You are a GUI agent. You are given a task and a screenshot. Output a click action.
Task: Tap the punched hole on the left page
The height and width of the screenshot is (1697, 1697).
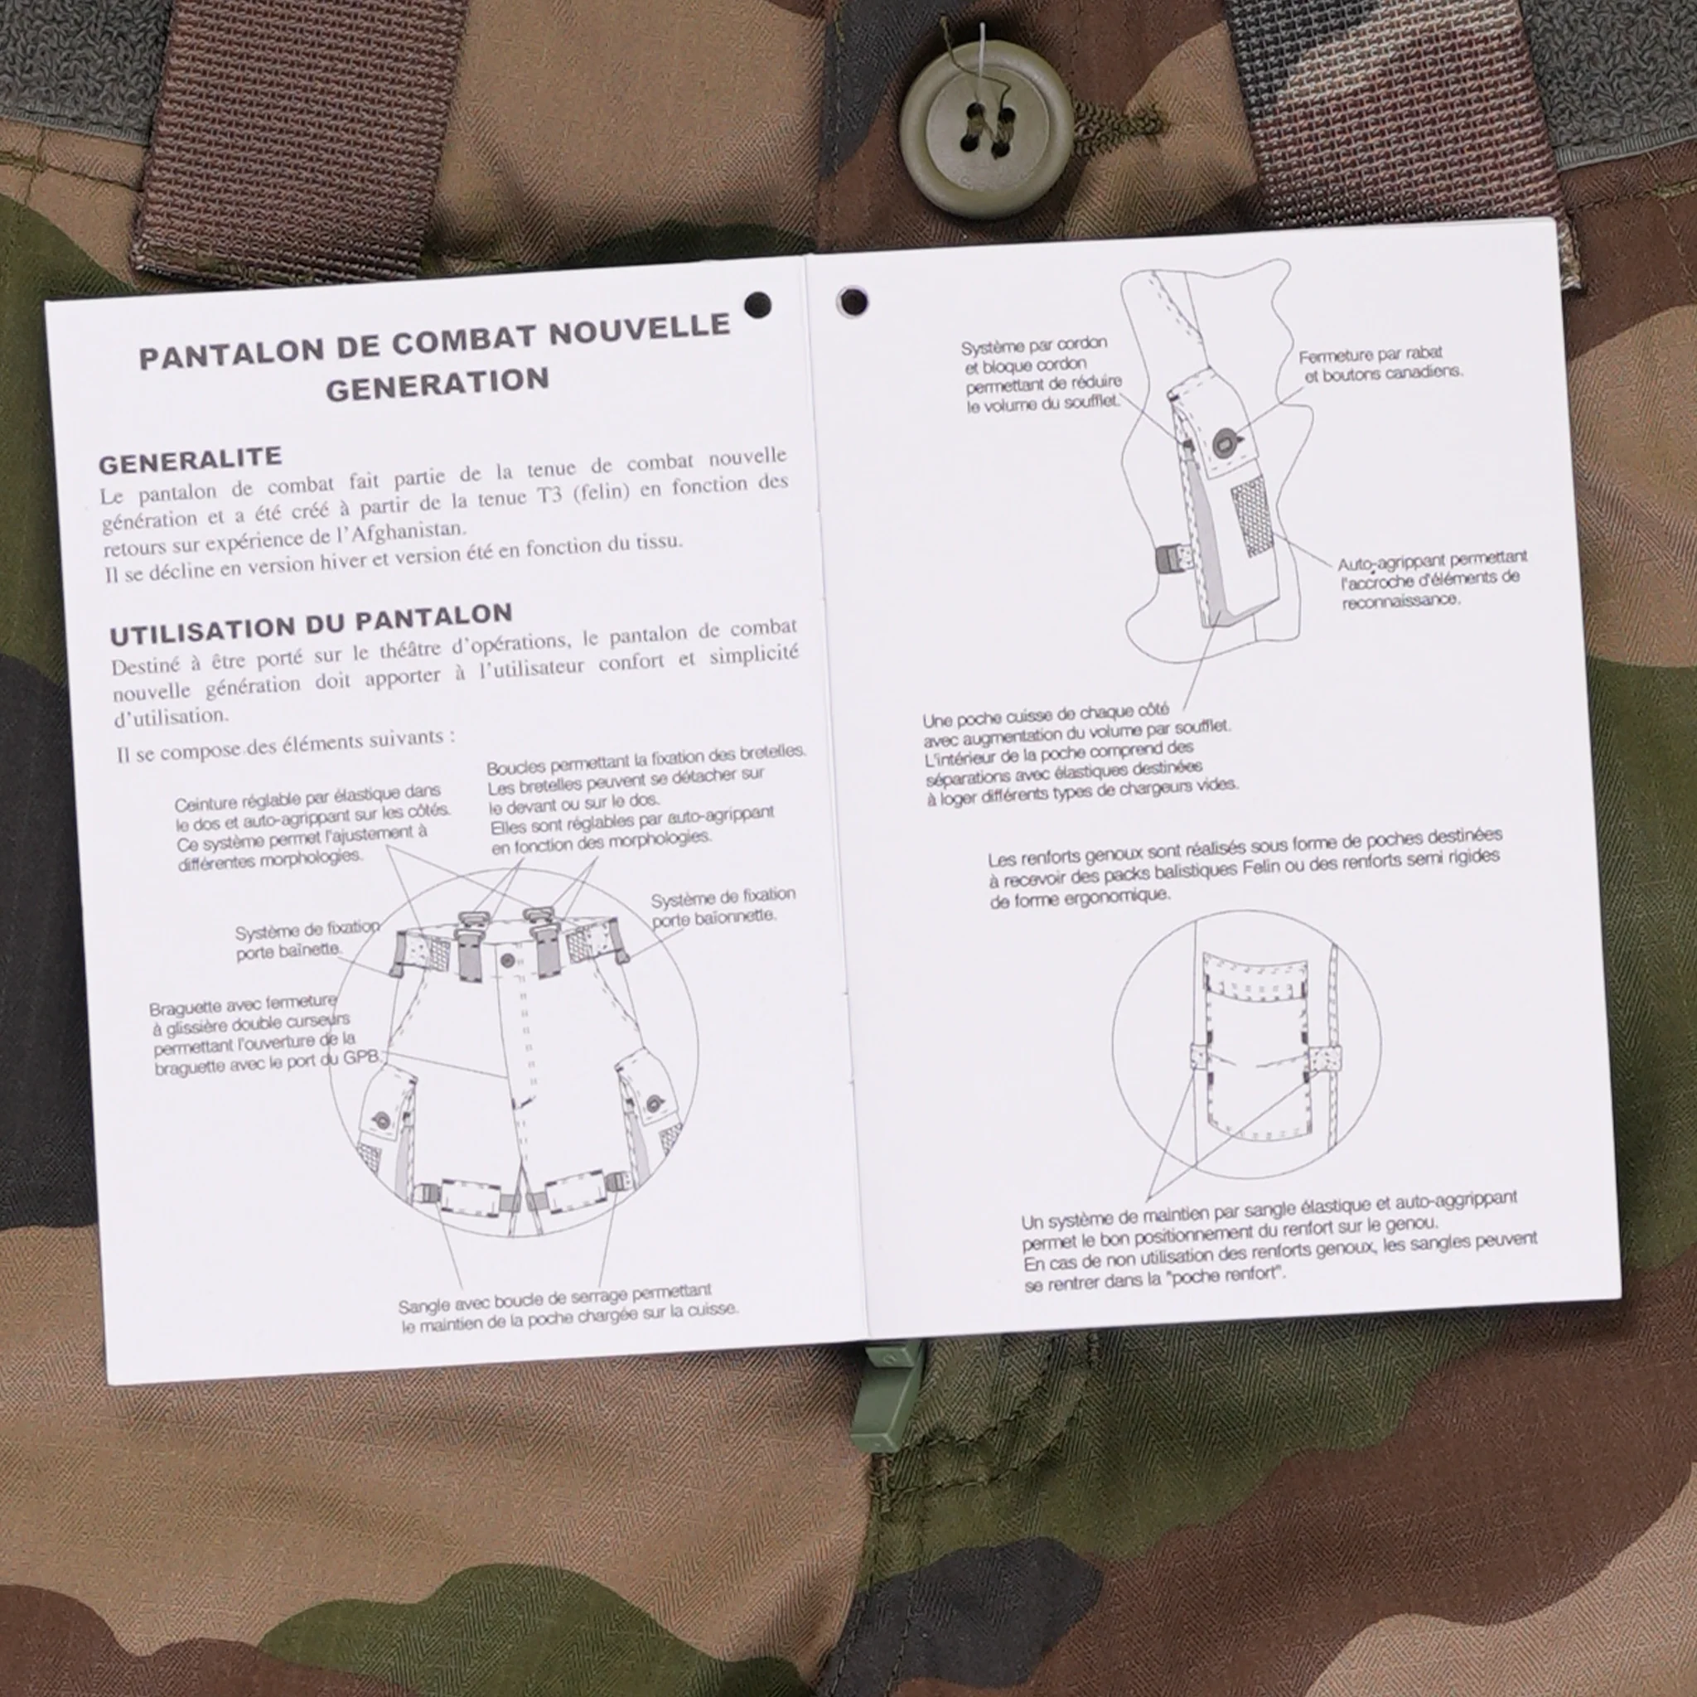click(757, 305)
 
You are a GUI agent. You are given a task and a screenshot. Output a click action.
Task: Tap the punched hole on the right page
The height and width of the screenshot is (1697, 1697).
click(852, 302)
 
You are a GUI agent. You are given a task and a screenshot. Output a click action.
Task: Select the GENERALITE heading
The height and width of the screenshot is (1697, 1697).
click(190, 460)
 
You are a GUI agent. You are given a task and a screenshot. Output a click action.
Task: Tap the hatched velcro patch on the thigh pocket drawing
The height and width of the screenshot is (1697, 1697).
click(1252, 517)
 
